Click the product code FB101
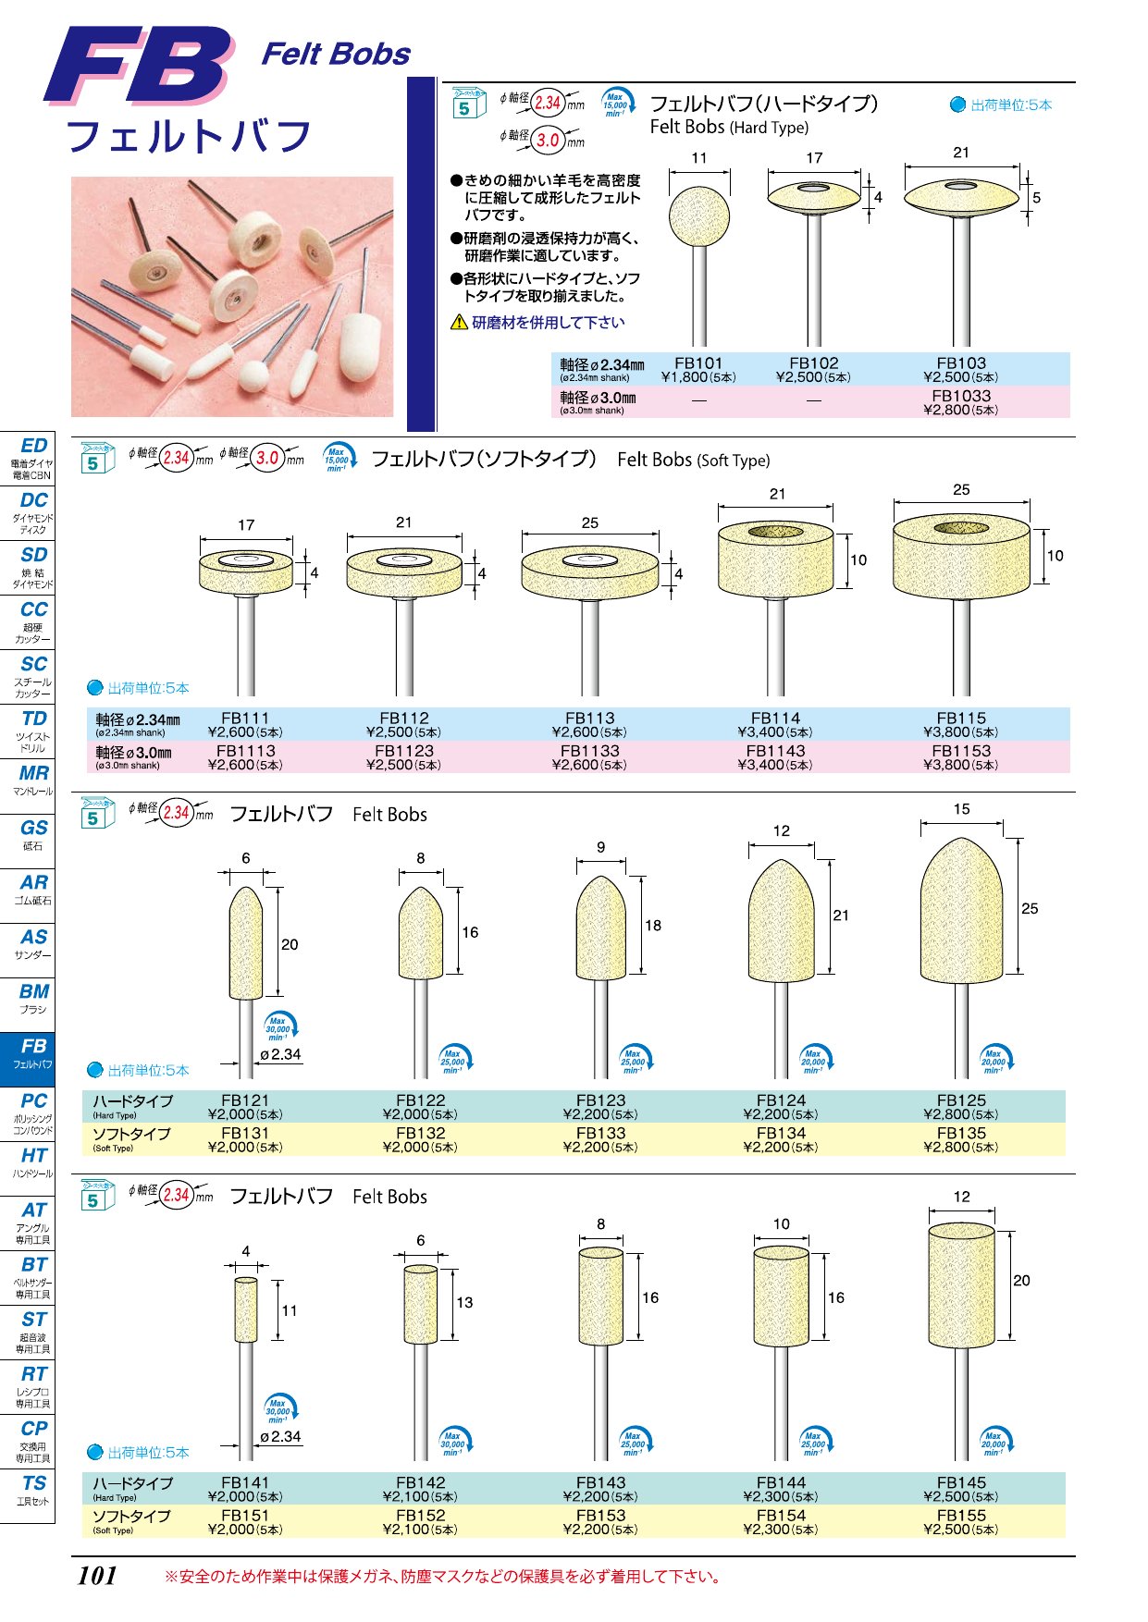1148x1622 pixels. pos(698,363)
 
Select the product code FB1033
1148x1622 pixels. pos(961,396)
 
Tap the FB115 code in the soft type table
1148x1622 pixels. pos(961,718)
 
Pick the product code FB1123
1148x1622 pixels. pos(404,751)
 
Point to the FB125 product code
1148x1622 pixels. pos(961,1100)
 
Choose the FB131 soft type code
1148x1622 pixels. pos(245,1133)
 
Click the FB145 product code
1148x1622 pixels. pos(961,1482)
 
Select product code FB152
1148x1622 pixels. pos(420,1516)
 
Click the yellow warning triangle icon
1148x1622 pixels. pos(459,322)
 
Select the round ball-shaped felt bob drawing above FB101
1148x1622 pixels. pos(699,218)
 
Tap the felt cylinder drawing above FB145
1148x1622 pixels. pos(961,1285)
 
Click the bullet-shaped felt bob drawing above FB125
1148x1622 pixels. pos(961,906)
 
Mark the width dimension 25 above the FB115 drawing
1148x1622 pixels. pos(961,489)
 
